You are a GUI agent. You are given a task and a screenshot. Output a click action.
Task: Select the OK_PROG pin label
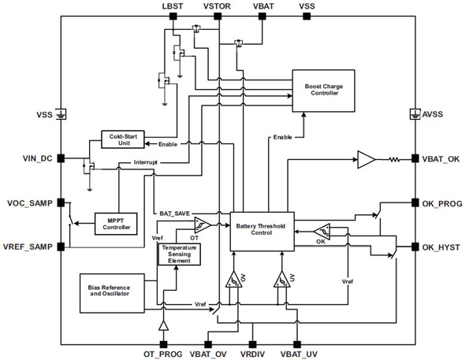444,203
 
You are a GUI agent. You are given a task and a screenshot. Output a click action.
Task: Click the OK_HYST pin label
443,247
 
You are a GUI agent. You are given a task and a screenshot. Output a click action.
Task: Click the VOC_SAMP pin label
32,203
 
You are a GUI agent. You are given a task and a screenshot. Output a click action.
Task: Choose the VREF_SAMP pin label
30,247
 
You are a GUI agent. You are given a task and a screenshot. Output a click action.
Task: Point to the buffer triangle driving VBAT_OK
366,159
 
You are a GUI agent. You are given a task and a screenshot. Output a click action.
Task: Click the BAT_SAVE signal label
176,213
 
